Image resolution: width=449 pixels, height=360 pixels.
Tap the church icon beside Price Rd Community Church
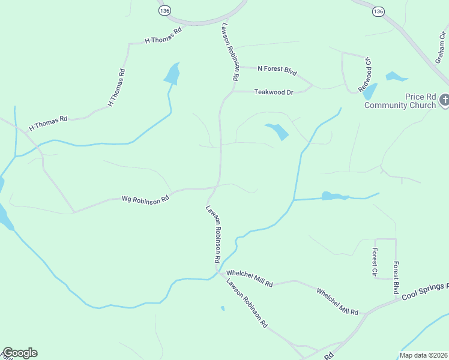point(444,100)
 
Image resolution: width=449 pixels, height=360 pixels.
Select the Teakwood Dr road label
point(273,92)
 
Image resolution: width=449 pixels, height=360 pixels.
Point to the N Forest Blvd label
point(277,71)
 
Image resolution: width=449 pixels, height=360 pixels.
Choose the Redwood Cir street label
point(366,75)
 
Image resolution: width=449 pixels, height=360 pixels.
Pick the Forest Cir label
point(374,262)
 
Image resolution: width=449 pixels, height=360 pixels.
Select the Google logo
point(19,353)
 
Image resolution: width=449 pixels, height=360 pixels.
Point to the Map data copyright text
point(423,355)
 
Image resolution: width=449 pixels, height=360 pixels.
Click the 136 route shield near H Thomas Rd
point(164,11)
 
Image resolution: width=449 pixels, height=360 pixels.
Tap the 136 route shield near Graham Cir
point(378,11)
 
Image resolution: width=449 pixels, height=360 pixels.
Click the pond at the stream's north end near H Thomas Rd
point(172,74)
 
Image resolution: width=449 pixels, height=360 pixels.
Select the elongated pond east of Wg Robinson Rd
point(334,196)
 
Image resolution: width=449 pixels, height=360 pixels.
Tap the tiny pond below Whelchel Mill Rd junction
point(223,308)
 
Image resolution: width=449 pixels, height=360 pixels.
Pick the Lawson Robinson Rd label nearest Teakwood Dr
point(231,53)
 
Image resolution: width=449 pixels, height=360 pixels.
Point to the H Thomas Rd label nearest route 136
point(163,37)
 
